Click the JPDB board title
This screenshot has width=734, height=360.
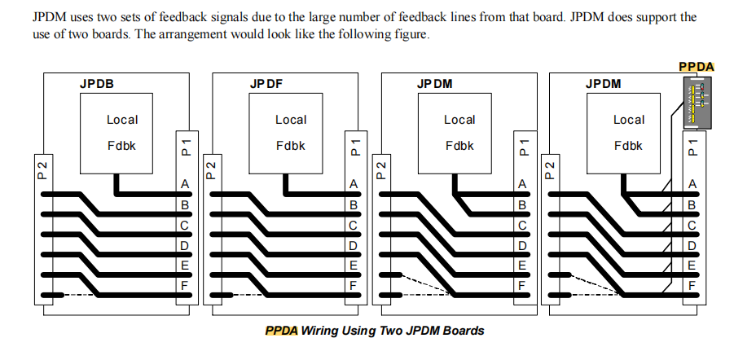[x=96, y=84]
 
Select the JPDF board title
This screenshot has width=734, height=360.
[x=266, y=84]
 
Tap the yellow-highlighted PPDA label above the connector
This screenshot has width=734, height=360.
[x=697, y=67]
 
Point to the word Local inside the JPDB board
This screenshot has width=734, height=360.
[x=122, y=120]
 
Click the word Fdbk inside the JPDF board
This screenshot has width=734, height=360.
[x=291, y=147]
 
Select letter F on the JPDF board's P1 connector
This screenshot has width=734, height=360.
[x=353, y=285]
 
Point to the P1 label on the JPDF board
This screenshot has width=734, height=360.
[x=354, y=146]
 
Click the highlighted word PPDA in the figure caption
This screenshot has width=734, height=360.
[x=281, y=331]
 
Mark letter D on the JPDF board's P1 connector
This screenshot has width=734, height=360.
[x=353, y=245]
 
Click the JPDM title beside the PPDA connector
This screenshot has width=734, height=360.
[x=603, y=84]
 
